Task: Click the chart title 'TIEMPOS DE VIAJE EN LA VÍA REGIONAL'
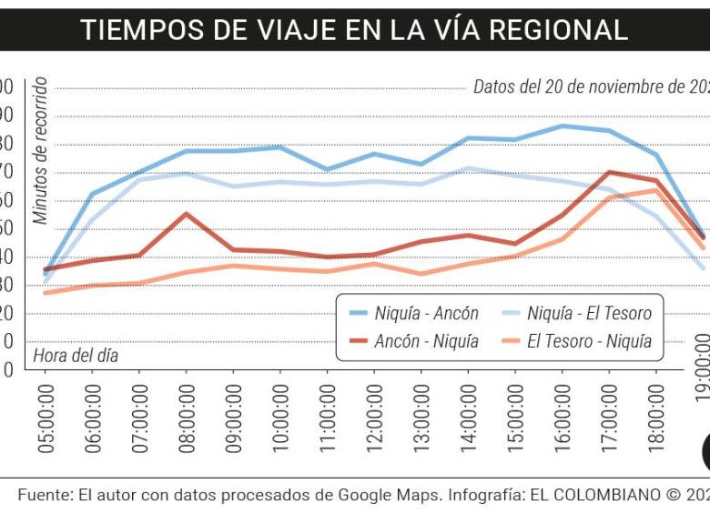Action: point(354,29)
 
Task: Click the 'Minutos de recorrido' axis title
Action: point(40,151)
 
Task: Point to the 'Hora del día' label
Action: point(76,356)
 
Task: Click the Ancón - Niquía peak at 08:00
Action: point(186,215)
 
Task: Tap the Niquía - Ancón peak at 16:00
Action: point(562,126)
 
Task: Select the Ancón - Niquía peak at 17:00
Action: point(609,173)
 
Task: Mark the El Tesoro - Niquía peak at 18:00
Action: point(655,190)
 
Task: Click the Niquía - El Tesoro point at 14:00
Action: point(468,168)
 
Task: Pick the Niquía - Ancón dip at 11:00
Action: point(327,169)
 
